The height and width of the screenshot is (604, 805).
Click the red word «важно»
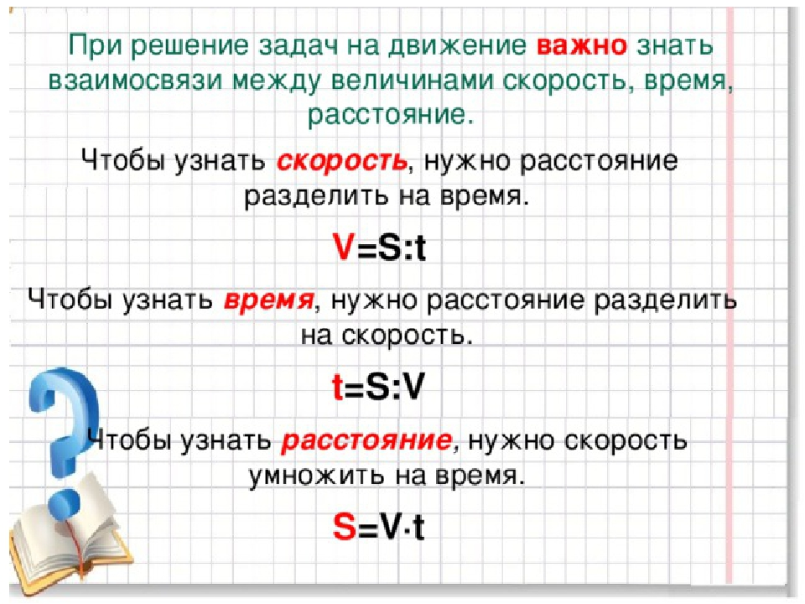point(582,45)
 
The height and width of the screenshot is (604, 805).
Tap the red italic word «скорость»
point(342,161)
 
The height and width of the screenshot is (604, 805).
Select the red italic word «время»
point(268,300)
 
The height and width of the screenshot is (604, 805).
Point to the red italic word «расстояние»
point(366,440)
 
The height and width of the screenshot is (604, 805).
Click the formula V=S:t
point(379,247)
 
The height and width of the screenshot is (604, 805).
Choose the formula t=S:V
point(378,387)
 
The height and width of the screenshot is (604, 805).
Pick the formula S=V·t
point(378,527)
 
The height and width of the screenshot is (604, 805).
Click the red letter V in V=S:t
point(344,247)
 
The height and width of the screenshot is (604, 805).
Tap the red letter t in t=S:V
point(338,387)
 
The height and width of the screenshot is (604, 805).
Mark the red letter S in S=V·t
point(345,527)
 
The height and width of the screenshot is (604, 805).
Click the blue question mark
point(61,436)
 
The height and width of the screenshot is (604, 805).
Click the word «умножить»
point(317,476)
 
